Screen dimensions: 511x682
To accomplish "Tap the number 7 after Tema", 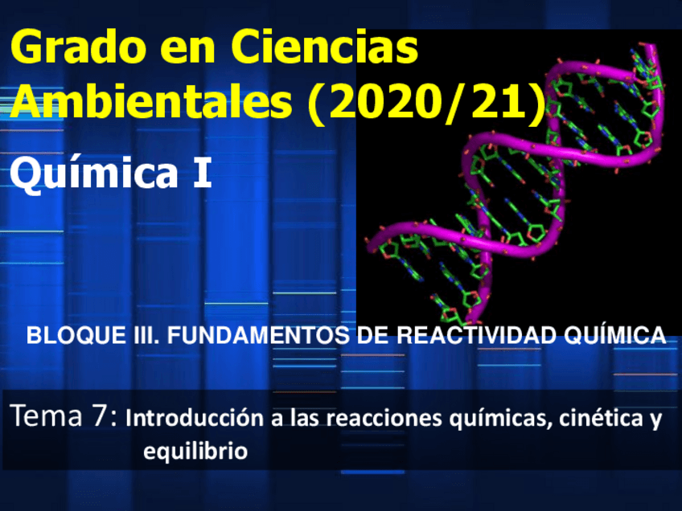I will coord(106,417).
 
